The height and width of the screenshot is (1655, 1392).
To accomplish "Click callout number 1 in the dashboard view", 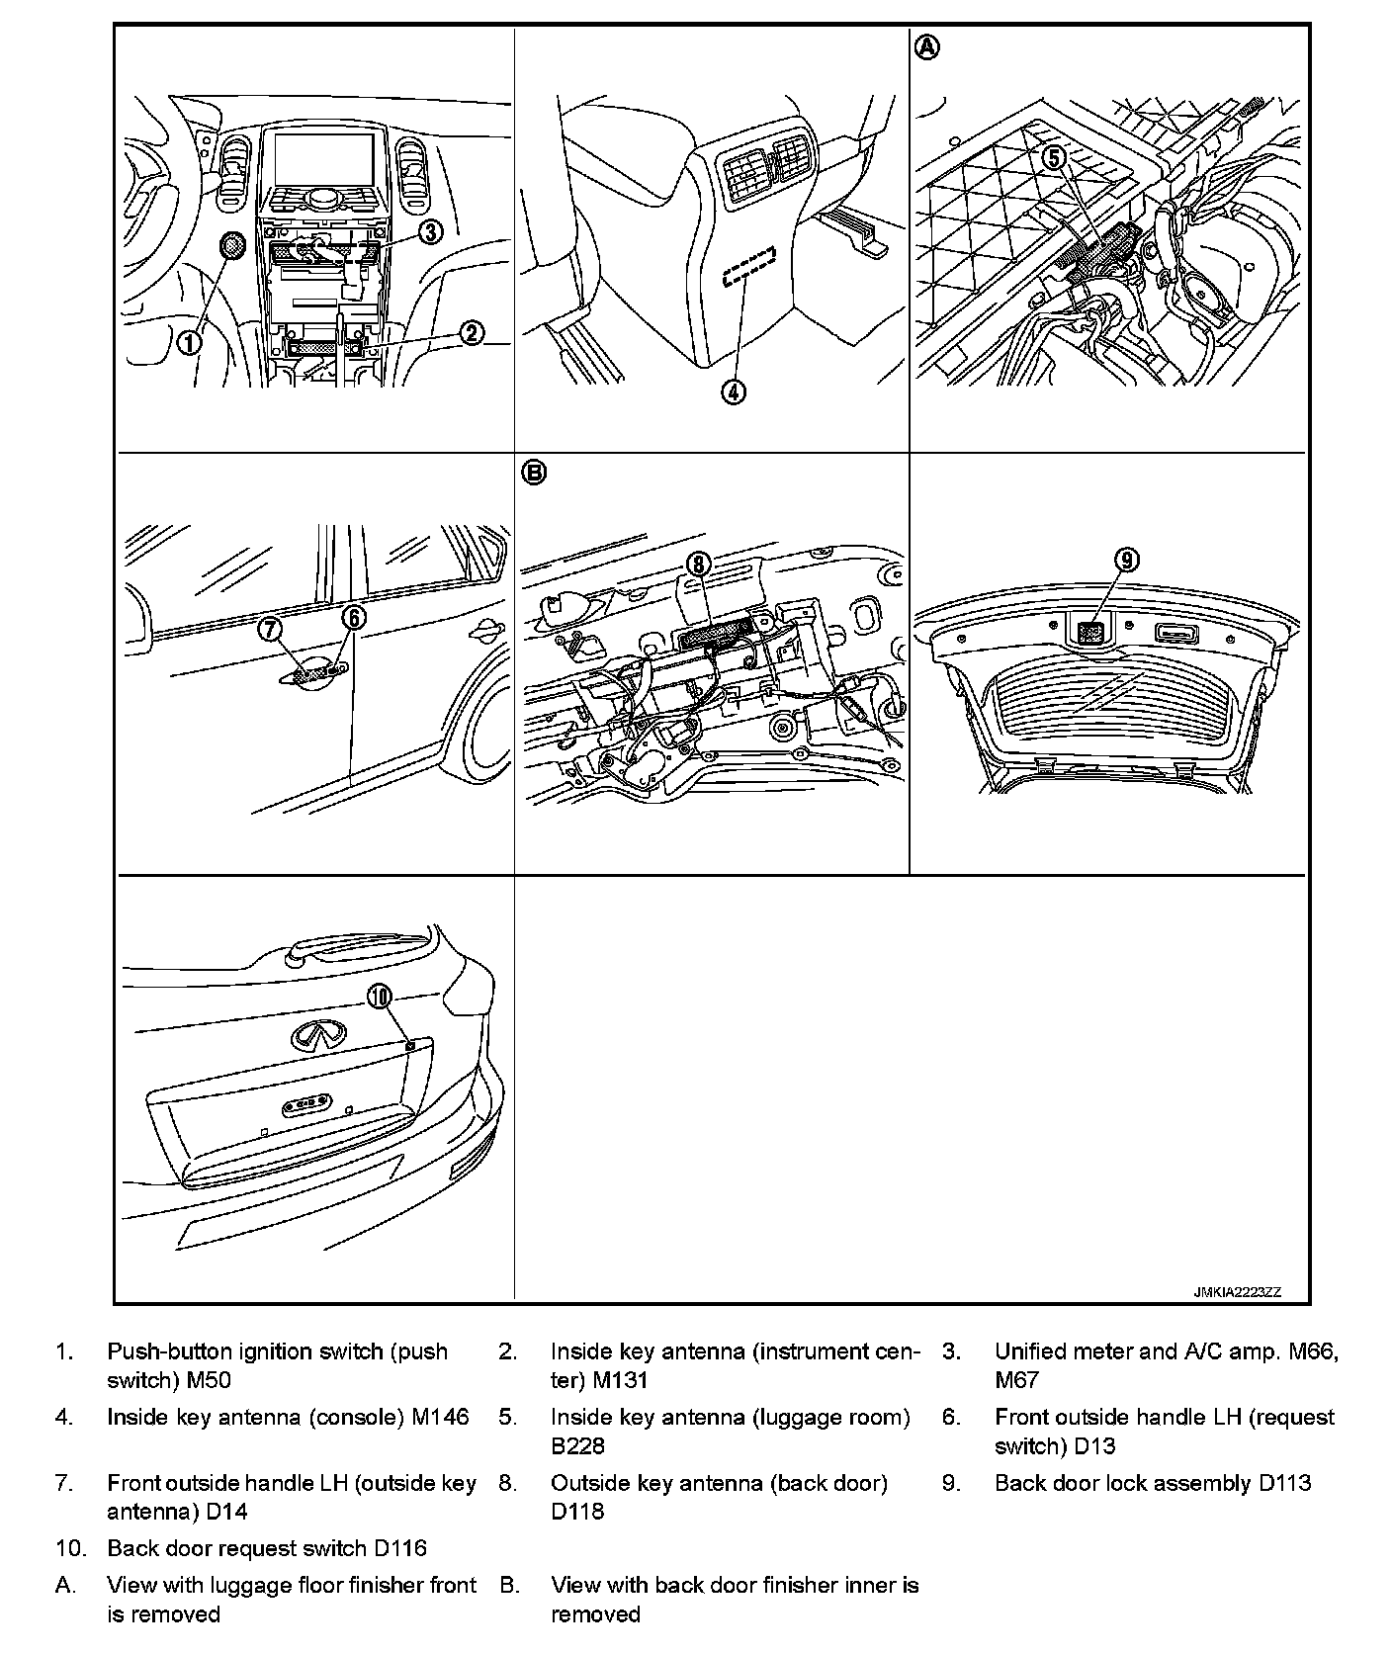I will [x=189, y=342].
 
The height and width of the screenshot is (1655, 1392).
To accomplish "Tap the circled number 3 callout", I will [x=430, y=231].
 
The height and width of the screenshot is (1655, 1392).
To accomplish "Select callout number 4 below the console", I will [x=733, y=392].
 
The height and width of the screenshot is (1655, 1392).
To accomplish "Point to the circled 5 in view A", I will [x=1055, y=156].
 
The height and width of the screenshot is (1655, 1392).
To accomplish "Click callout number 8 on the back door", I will [x=699, y=564].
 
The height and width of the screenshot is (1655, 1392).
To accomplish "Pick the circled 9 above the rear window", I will [x=1127, y=561].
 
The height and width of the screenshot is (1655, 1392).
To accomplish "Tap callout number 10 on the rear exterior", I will [x=381, y=997].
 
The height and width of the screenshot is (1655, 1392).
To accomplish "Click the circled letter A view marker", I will [x=926, y=46].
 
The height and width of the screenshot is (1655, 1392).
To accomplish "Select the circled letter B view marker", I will [x=533, y=474].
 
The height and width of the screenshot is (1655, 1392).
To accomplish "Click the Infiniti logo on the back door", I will [x=318, y=1035].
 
